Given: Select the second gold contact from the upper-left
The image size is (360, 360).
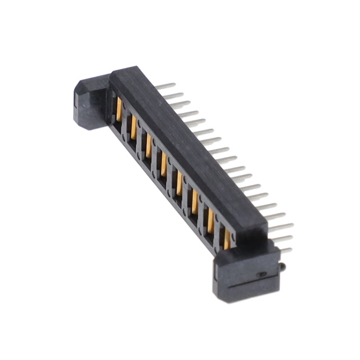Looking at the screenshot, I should click(x=134, y=127).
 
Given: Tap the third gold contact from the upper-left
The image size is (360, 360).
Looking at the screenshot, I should click(x=149, y=146).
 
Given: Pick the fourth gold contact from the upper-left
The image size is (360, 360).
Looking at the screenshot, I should click(x=164, y=164).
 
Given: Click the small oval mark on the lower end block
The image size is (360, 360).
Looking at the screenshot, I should click(x=260, y=275).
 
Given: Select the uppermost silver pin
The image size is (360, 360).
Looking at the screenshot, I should click(x=166, y=86).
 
